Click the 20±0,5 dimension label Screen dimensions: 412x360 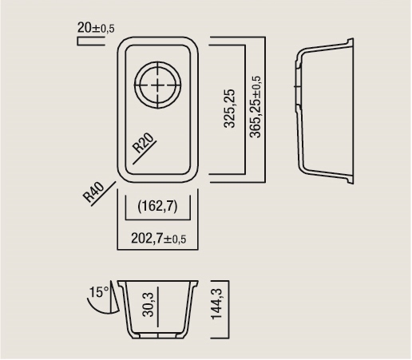[x=96, y=28]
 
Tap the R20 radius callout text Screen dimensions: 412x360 [x=143, y=143]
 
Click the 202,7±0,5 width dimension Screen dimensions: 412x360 [x=158, y=239]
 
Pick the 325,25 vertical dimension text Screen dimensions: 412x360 [x=230, y=109]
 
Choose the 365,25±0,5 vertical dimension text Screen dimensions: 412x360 [x=256, y=107]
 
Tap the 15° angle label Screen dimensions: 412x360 [x=99, y=292]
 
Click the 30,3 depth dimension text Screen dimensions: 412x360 [x=149, y=304]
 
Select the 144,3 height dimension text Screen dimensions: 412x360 [x=216, y=303]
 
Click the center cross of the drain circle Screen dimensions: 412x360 [x=158, y=85]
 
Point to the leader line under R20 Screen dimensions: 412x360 [x=145, y=152]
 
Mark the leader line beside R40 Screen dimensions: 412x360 [x=104, y=194]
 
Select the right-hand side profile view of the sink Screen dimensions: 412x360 [x=324, y=111]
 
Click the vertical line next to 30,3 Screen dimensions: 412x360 [x=158, y=307]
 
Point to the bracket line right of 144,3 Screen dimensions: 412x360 [x=228, y=310]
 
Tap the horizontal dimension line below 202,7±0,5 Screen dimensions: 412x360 [x=157, y=250]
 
